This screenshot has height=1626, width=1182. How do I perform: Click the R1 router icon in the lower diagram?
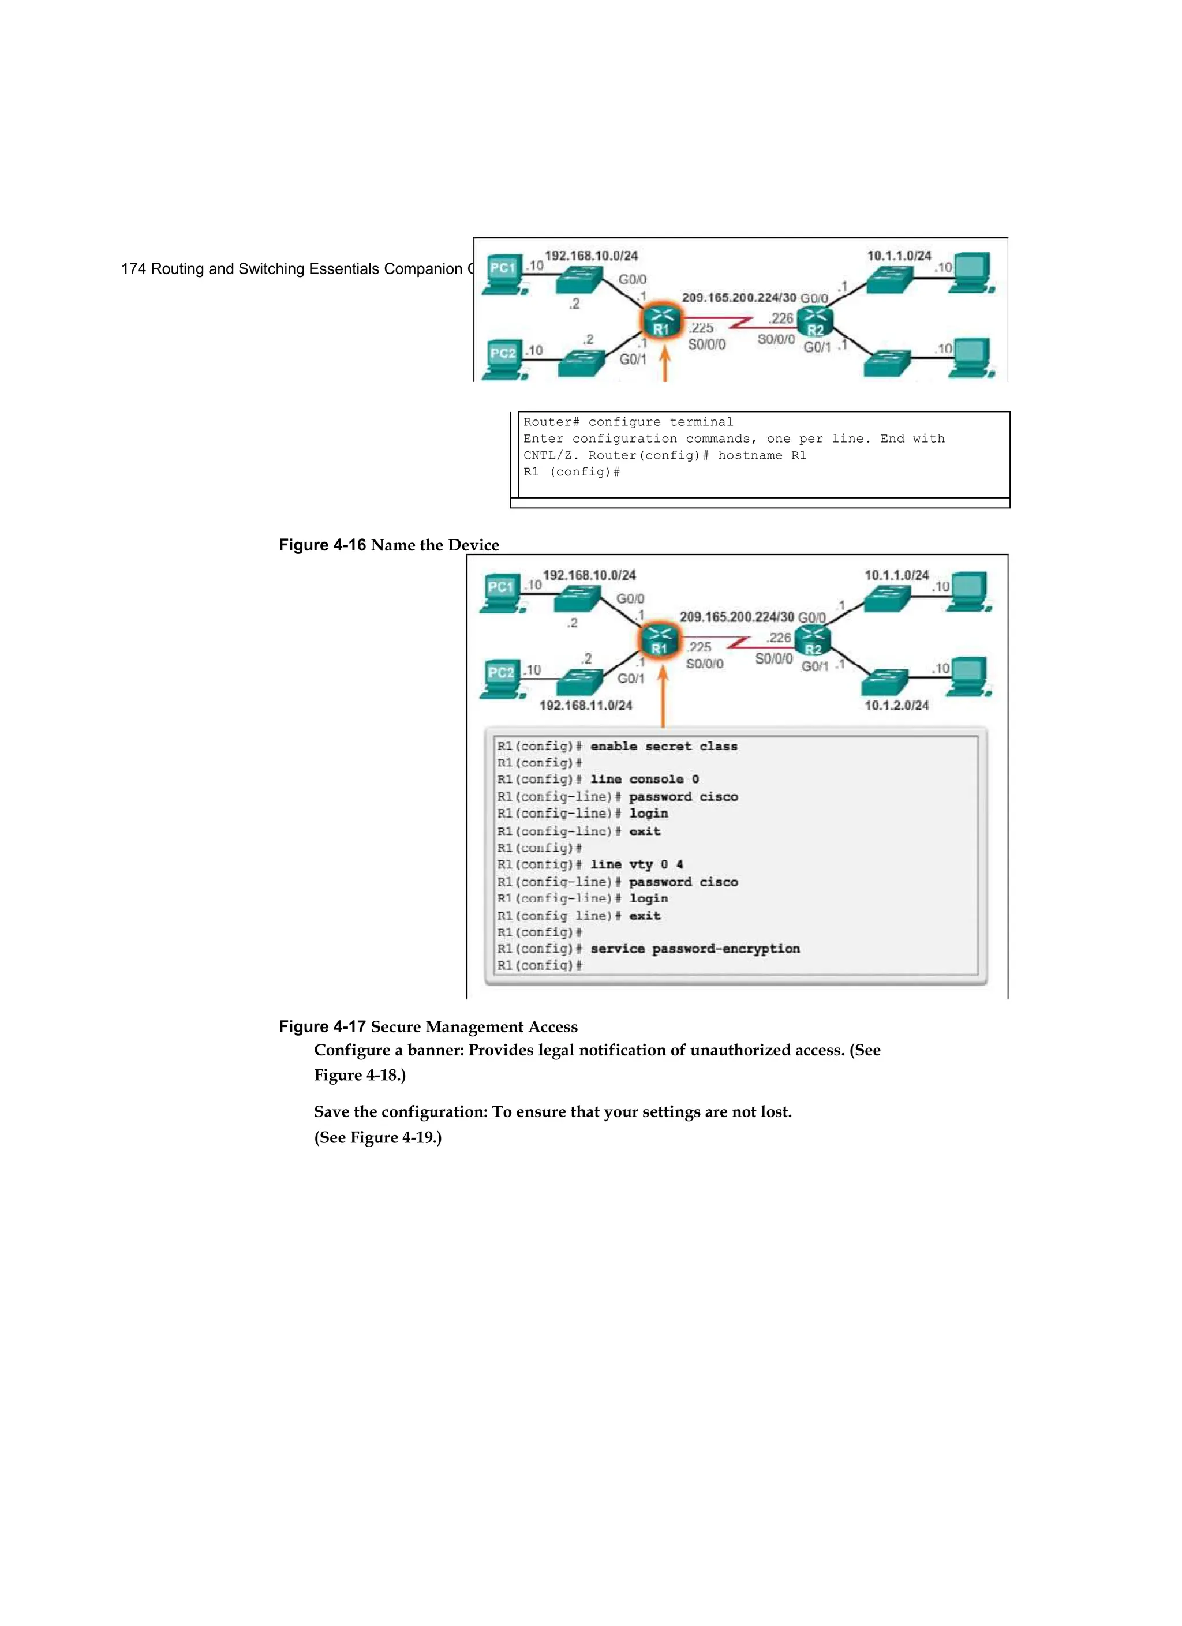659,640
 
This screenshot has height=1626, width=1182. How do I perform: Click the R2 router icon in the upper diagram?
816,322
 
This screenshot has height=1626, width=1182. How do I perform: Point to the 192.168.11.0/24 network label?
586,706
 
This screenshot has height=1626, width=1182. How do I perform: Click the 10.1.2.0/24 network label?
896,706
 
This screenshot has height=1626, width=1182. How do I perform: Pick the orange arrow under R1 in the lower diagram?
663,695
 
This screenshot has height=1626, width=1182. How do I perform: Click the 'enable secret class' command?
664,746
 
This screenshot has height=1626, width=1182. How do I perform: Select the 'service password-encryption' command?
694,949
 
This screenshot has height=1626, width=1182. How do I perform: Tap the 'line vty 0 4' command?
636,864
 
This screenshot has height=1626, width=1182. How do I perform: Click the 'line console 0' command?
644,780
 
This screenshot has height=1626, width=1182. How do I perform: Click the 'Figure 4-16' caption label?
322,545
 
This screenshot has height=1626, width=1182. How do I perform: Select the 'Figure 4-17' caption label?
322,1026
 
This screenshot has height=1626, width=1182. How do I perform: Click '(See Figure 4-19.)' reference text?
378,1138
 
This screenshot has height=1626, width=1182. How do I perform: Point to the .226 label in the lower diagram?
779,638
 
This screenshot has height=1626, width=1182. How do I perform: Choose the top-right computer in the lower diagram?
967,591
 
